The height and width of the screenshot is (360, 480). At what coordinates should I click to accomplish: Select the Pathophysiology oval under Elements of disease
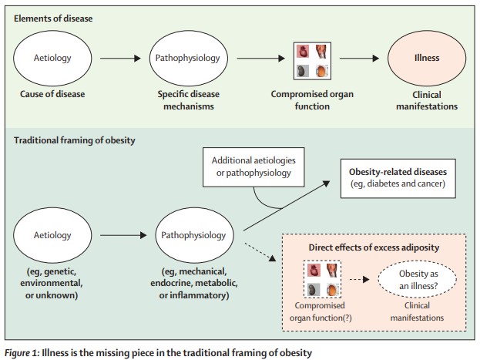(192, 58)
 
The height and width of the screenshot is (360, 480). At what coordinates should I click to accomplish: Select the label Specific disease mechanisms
(192, 100)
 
